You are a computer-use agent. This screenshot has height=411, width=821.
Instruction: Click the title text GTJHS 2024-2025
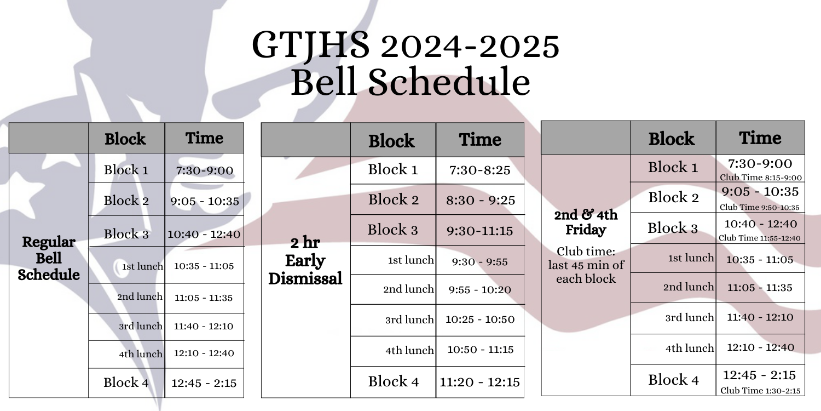(x=406, y=45)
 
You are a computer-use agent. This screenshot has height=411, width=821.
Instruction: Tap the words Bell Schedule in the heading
(x=410, y=82)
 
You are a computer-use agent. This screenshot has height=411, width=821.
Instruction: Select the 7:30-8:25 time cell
(x=480, y=170)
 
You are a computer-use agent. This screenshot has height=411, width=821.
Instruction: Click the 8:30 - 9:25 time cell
(x=480, y=200)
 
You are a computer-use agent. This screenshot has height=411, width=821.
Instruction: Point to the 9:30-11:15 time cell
(x=480, y=231)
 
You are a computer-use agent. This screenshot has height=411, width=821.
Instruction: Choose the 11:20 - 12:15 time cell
(x=480, y=382)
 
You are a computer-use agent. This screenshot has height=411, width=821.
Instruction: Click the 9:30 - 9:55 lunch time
(x=480, y=261)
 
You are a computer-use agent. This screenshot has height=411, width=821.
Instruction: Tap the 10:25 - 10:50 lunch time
(x=480, y=319)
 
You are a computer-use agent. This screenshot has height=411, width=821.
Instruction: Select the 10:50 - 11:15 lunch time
(x=480, y=350)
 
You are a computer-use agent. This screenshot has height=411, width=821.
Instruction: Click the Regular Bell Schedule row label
(x=49, y=258)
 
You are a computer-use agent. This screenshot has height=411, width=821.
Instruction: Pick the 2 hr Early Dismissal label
(x=305, y=260)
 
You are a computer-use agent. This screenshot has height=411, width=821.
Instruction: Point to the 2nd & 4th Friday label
(x=586, y=222)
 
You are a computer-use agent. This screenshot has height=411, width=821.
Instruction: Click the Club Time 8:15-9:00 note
(x=761, y=178)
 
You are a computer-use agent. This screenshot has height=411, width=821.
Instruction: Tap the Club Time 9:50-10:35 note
(x=760, y=207)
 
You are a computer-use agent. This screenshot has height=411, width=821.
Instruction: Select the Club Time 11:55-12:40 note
(x=760, y=238)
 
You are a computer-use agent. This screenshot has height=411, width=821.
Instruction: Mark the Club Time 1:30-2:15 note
(x=760, y=391)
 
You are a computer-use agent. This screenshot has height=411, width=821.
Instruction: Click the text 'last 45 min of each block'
(x=586, y=272)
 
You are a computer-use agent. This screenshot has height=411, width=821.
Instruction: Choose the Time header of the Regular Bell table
(x=204, y=138)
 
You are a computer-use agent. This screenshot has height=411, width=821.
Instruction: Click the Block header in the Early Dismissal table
(x=391, y=141)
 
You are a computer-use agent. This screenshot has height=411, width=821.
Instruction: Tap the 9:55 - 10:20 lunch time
(x=480, y=289)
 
